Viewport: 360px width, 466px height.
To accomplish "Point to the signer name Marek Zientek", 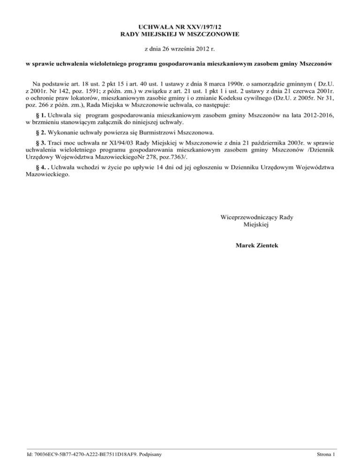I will point(257,245).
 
